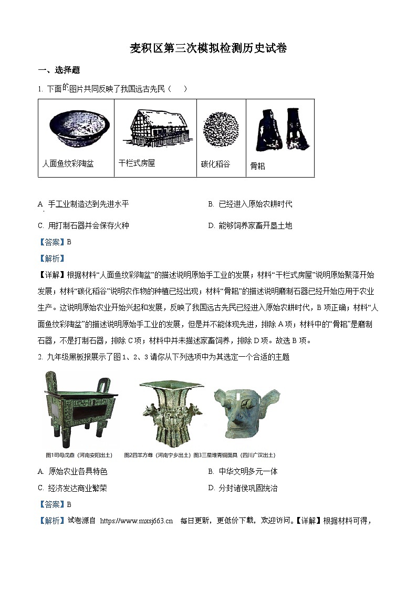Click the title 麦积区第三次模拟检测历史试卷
click(208, 49)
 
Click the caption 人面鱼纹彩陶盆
click(68, 164)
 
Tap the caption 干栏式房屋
click(137, 163)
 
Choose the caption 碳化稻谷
click(215, 164)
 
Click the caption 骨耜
click(257, 166)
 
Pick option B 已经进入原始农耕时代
click(250, 204)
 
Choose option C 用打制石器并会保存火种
click(84, 225)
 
